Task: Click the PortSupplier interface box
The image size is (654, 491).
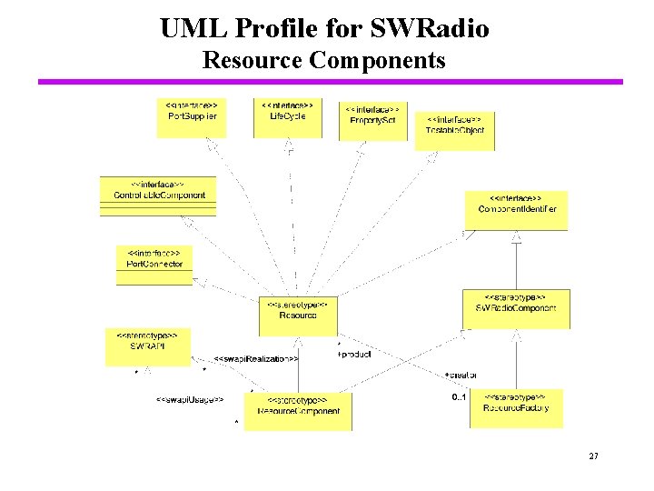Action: point(192,117)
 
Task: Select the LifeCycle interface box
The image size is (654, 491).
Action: point(288,117)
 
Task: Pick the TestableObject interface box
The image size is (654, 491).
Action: point(454,131)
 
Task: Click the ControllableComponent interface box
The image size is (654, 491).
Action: point(158,195)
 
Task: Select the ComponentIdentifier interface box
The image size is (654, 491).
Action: point(517,210)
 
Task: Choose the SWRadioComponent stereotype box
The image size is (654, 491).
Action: point(515,308)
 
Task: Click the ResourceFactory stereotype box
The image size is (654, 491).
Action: point(515,408)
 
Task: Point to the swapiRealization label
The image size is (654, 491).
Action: point(256,359)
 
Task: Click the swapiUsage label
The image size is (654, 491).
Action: point(189,399)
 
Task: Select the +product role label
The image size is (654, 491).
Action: point(354,355)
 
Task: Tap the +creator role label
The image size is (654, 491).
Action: point(461,375)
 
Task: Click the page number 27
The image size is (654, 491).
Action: point(593,456)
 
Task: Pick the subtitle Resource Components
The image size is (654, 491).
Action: point(324,61)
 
